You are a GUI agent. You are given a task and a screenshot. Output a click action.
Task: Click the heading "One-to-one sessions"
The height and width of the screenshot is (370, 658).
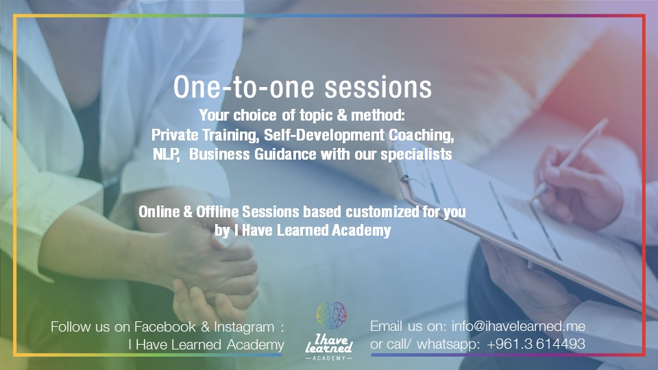tap(302, 88)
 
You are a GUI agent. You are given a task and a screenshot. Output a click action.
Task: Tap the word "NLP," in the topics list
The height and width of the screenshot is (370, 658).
tap(167, 154)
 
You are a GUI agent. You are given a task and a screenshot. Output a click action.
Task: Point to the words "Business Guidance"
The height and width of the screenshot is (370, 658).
tap(249, 154)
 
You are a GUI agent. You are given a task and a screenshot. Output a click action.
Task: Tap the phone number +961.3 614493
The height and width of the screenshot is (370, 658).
tap(537, 344)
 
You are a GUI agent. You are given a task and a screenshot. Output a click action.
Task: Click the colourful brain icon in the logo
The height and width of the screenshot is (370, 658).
tap(330, 317)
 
